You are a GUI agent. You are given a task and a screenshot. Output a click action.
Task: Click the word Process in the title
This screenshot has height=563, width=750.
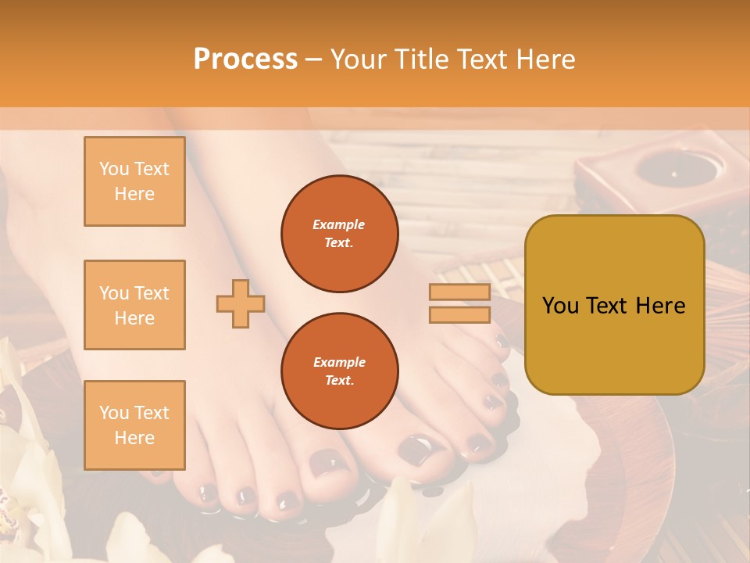(x=245, y=59)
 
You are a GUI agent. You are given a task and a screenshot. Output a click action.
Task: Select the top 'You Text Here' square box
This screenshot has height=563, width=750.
(x=134, y=181)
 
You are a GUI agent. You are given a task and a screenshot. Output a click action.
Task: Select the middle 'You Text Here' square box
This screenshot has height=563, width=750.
(x=134, y=305)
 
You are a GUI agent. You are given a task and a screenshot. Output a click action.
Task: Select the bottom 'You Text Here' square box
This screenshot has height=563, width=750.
(x=134, y=425)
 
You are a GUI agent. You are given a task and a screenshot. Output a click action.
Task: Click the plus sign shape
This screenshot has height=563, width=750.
(x=241, y=303)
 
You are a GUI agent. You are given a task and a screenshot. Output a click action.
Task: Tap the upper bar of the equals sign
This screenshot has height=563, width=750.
(x=459, y=292)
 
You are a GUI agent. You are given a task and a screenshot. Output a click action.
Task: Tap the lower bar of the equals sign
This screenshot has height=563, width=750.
(x=459, y=314)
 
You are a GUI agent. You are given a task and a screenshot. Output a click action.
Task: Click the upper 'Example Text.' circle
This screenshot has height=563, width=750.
(x=339, y=234)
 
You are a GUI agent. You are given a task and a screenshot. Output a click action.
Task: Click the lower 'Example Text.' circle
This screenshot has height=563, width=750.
(x=339, y=371)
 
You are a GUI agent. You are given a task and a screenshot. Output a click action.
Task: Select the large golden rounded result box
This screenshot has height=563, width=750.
(x=614, y=304)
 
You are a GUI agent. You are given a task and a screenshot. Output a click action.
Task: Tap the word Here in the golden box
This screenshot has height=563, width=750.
(x=660, y=306)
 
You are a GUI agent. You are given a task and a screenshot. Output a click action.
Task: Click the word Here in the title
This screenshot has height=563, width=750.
(x=541, y=59)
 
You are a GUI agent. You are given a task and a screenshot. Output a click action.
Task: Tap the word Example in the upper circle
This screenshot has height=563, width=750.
(x=339, y=224)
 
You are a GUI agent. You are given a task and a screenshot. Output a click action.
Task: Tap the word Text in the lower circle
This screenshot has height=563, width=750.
(x=339, y=380)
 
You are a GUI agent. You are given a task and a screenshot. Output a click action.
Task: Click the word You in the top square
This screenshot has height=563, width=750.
(x=114, y=169)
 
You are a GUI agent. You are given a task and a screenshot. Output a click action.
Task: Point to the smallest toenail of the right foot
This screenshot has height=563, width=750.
(x=500, y=341)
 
